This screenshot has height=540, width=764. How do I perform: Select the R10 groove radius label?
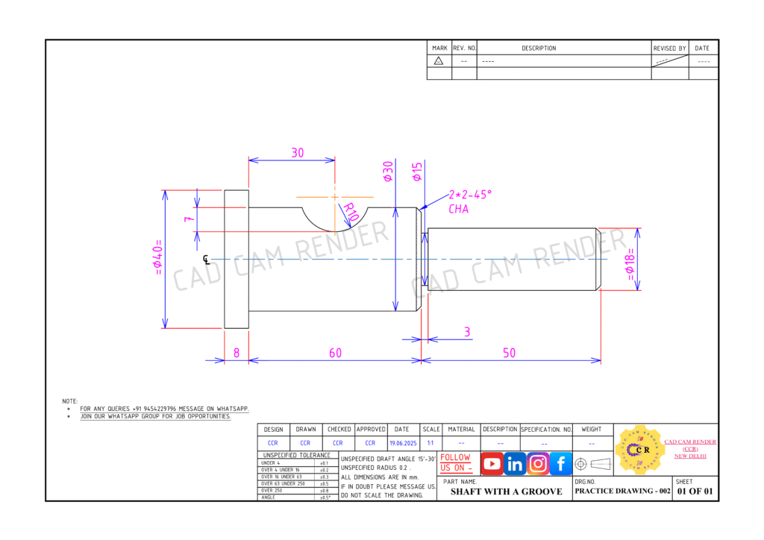[x=349, y=213]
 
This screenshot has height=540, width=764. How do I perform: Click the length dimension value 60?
[x=335, y=353]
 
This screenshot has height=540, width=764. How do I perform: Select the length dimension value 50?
[x=509, y=353]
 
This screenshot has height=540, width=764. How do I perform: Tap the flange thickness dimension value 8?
[x=237, y=353]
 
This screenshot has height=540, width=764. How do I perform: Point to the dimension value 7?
[x=190, y=220]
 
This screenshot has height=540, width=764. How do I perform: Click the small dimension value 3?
[x=467, y=332]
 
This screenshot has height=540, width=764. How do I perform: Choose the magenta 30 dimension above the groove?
[x=297, y=152]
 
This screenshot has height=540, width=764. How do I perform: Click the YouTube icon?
[x=492, y=464]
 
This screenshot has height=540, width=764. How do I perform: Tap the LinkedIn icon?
[x=515, y=464]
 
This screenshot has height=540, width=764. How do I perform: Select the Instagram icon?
[x=538, y=464]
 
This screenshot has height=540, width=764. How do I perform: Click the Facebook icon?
[x=561, y=464]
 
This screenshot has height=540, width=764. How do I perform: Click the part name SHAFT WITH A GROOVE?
[x=506, y=492]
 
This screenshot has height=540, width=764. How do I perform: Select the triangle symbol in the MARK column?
[x=439, y=61]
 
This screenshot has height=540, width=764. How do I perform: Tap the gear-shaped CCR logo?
[x=637, y=450]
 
